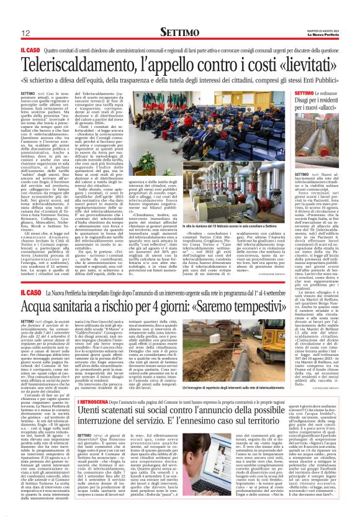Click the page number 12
(x=27, y=34)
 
